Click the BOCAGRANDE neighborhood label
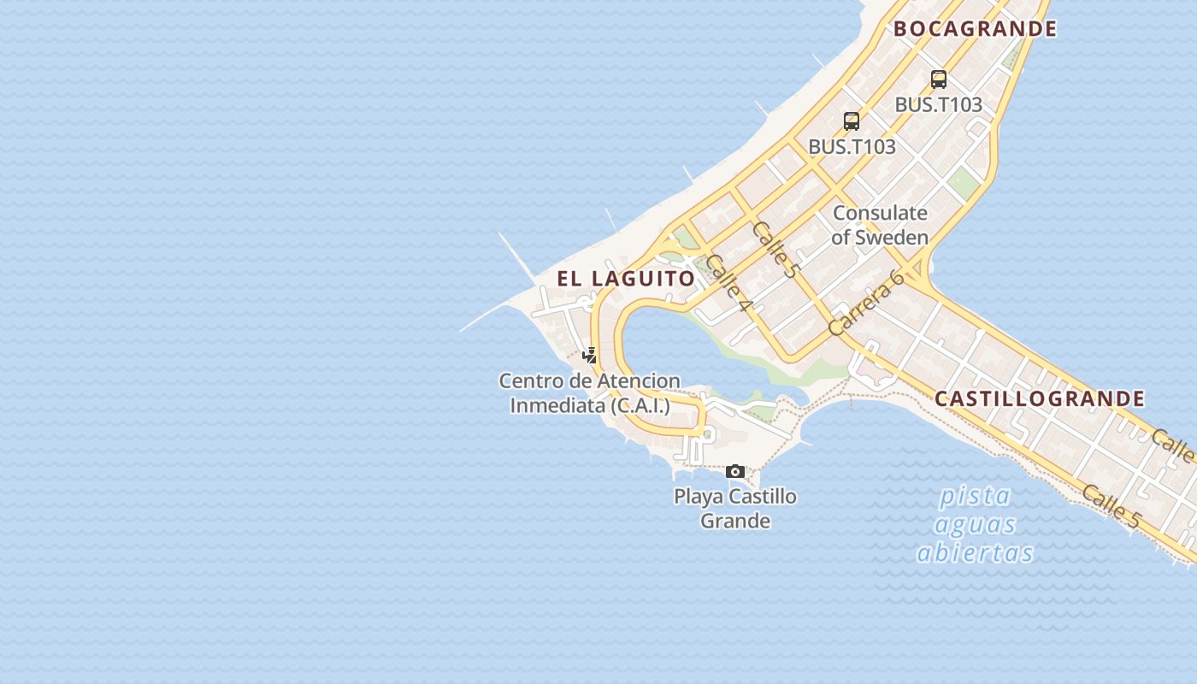975,29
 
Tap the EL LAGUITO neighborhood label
626,279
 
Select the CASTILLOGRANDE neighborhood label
1039,398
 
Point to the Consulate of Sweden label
880,225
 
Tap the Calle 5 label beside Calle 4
775,250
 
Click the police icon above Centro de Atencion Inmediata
589,356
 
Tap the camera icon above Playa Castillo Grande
735,471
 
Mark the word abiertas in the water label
975,554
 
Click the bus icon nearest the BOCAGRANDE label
938,80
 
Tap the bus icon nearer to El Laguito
851,121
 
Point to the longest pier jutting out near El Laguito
517,256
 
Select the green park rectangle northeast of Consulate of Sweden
964,184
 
